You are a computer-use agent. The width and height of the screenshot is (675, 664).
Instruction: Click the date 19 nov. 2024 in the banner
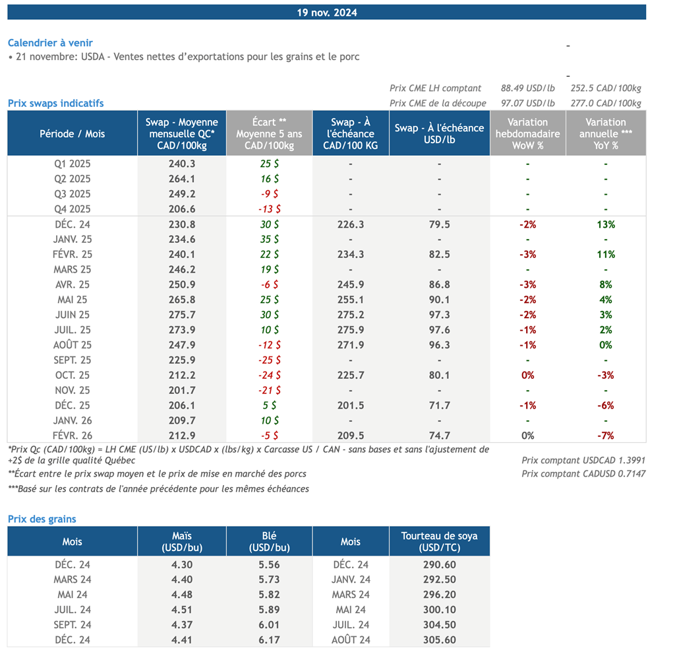327,13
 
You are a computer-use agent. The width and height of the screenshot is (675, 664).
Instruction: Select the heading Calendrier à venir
50,43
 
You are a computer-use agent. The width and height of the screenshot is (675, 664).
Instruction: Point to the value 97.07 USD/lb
527,103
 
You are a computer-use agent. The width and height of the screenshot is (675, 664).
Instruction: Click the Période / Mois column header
73,133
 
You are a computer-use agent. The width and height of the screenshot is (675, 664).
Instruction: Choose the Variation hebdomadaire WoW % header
527,133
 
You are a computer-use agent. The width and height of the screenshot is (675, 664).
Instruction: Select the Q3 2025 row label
73,194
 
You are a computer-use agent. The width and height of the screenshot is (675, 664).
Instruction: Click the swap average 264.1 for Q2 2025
182,179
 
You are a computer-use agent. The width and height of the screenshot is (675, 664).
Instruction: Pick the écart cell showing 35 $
269,240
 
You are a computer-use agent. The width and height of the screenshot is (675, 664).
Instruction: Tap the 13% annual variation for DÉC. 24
606,224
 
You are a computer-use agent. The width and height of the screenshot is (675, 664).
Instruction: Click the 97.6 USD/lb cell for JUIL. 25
439,330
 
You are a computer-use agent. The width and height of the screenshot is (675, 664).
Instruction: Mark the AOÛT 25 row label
73,345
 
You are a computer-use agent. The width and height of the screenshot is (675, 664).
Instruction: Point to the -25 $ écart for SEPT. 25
269,360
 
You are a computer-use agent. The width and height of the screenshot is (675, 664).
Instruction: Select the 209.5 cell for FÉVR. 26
350,436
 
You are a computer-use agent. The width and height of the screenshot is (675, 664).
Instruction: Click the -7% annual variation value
606,436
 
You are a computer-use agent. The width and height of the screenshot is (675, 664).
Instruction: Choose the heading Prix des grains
42,519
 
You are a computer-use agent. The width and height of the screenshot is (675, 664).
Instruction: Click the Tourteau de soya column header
439,542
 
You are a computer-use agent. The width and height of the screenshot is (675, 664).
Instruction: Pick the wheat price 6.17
269,640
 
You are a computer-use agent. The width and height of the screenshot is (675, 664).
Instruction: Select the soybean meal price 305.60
439,640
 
